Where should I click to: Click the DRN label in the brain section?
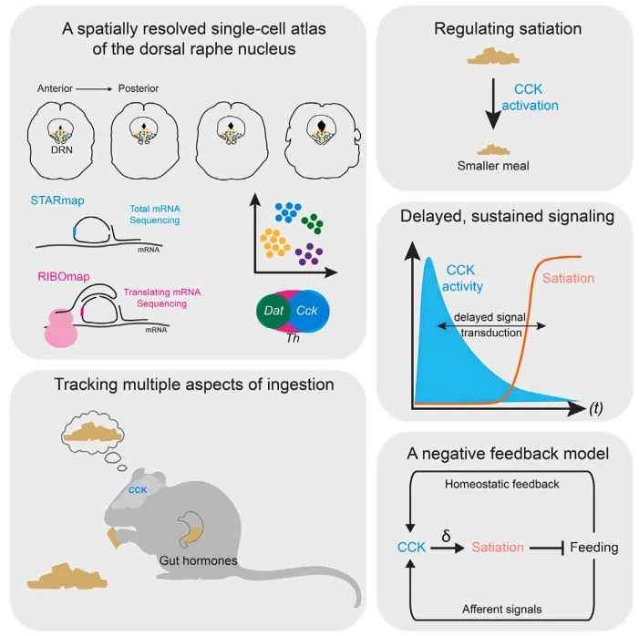click(x=62, y=150)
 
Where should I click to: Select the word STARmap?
click(x=57, y=200)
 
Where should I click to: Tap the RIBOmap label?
click(x=64, y=277)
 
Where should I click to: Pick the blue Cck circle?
click(x=310, y=311)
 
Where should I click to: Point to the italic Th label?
click(x=293, y=338)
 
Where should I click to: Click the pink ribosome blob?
click(x=61, y=327)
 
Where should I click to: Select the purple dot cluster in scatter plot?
click(x=308, y=254)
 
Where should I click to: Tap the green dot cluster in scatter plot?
click(x=313, y=223)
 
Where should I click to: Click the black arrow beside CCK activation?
click(x=493, y=104)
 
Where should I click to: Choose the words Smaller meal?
click(x=493, y=166)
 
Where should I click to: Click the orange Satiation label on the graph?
click(x=568, y=278)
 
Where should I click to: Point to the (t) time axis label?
click(x=595, y=407)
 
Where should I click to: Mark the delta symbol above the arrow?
click(x=447, y=536)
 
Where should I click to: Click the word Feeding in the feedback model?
click(x=594, y=548)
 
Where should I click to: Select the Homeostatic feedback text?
click(x=502, y=484)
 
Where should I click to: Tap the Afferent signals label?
click(x=502, y=609)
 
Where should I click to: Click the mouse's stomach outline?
click(x=191, y=529)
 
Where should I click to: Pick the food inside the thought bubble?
click(x=92, y=432)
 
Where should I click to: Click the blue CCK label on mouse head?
click(x=138, y=490)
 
